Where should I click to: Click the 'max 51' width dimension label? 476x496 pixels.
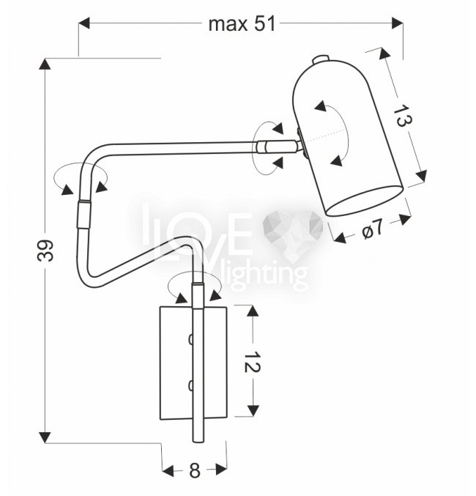coord(242,24)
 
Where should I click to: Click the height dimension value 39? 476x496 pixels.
coord(45,251)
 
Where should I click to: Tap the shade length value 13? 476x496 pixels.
coord(402,116)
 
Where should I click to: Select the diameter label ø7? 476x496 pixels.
coord(372,229)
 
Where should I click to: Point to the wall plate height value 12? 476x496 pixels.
coord(252,361)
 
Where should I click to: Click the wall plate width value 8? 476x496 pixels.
coord(195,470)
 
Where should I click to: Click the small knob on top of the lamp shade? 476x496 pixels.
coord(321,59)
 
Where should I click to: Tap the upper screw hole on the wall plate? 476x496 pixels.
coord(190,339)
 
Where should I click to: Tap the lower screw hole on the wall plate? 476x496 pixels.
coord(190,385)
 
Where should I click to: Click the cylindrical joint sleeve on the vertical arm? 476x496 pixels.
coord(83,214)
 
